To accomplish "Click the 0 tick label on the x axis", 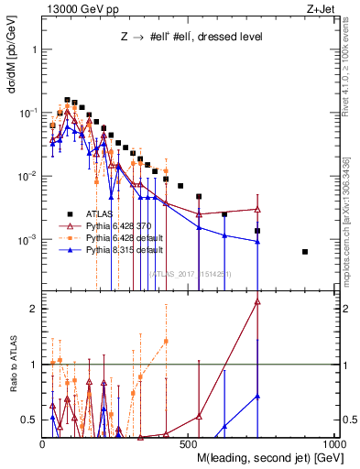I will [43, 443].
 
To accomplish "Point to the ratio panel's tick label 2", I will [34, 309].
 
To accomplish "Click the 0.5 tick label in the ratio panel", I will [30, 420].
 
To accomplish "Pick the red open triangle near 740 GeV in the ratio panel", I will [257, 301].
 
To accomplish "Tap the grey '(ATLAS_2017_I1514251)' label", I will [189, 273].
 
